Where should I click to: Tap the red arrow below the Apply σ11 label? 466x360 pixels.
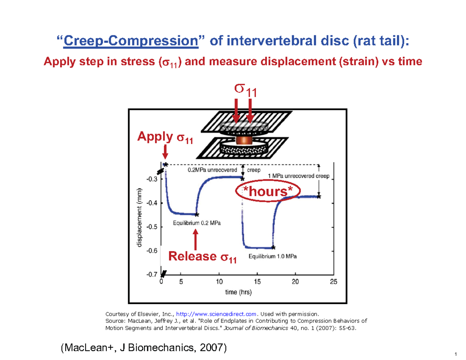165,151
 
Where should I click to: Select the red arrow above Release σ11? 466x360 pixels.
196,240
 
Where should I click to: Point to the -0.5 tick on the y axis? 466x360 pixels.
152,226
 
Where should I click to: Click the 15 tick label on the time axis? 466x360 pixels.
257,282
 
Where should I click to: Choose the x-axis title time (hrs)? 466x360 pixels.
238,293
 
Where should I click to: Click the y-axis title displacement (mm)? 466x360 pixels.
139,218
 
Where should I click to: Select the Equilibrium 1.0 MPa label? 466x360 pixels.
273,257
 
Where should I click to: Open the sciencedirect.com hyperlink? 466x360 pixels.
217,314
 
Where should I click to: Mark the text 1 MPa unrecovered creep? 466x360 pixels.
299,176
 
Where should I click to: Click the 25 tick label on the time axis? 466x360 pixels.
333,282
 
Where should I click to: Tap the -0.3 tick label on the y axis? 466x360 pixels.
152,179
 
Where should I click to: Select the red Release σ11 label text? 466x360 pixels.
202,257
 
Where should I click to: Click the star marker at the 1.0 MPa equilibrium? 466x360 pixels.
273,247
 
